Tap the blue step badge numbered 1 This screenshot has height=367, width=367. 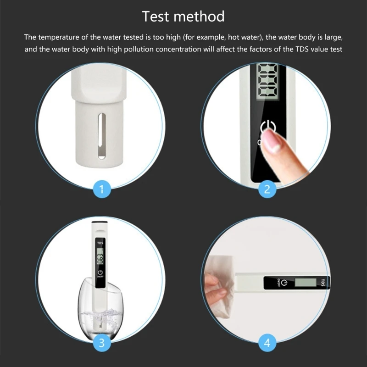[101, 188]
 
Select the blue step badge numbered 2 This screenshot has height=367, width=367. [267, 188]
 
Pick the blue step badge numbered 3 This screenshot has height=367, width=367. [101, 342]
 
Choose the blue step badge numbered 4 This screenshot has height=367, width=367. [267, 342]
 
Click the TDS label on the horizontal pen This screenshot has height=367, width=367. [323, 282]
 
